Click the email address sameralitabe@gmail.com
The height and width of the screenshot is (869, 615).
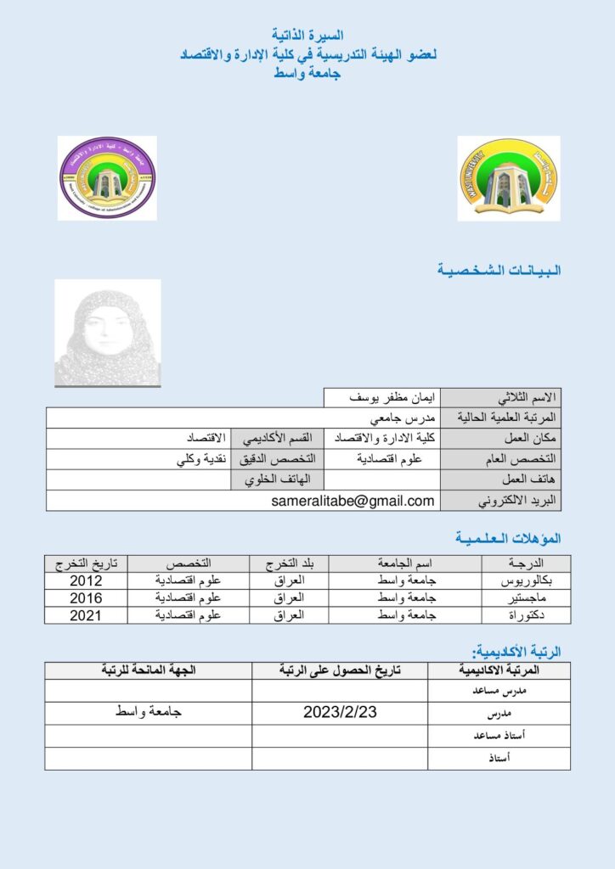point(353,501)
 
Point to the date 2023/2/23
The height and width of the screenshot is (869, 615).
point(340,713)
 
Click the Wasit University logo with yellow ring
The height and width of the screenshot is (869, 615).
point(497,178)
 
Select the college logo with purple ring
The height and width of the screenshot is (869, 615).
point(107,178)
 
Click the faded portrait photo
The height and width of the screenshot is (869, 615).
point(107,334)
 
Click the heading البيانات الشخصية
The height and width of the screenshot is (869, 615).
point(499,270)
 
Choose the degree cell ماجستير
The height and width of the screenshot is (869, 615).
point(528,598)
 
